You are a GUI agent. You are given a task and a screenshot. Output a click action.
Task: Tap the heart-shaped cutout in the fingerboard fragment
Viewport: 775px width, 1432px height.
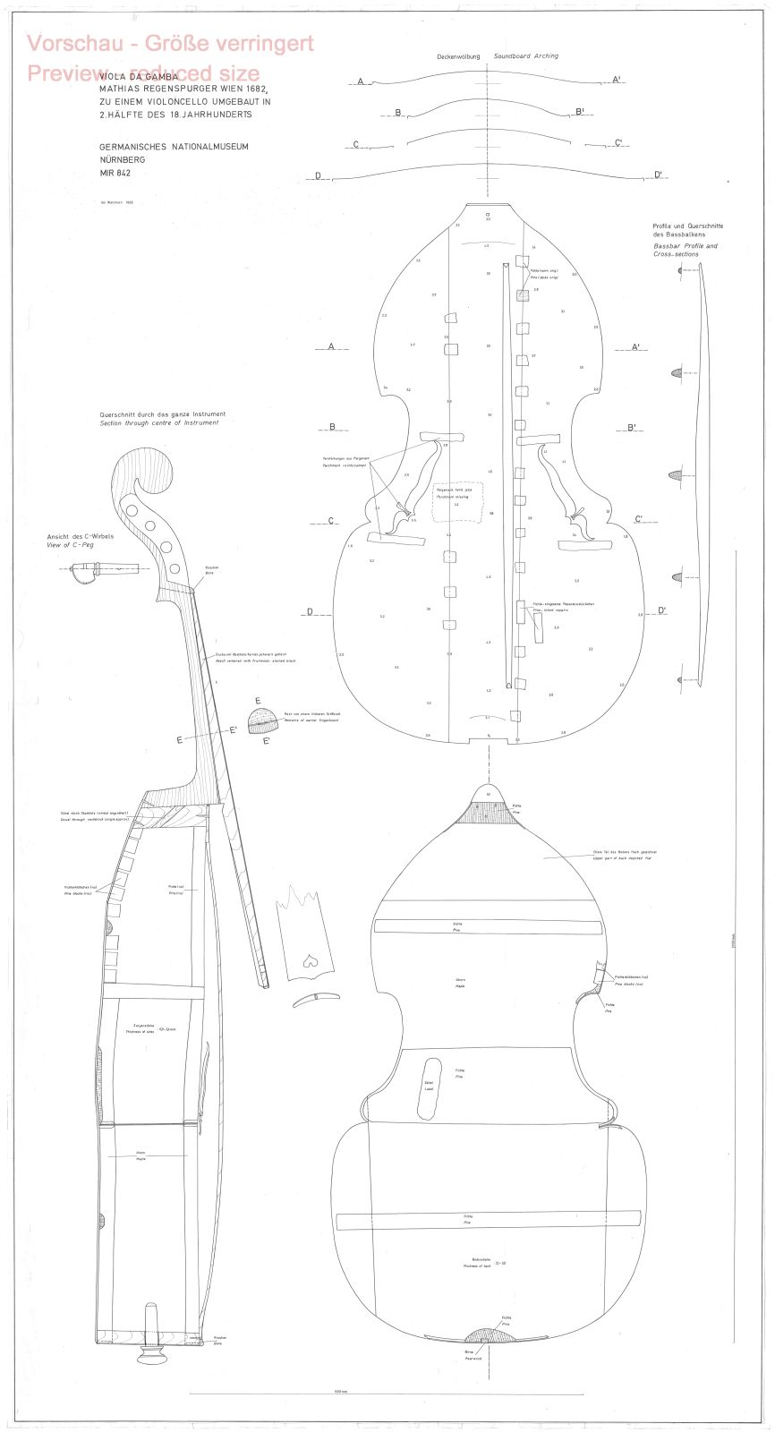tap(310, 960)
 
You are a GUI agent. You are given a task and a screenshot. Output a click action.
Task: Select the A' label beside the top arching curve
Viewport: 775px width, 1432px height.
tap(617, 80)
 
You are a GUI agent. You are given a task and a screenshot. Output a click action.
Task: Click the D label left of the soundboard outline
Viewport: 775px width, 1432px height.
tap(310, 612)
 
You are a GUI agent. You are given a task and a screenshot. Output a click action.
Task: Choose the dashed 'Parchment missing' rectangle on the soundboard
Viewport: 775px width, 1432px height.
tap(457, 501)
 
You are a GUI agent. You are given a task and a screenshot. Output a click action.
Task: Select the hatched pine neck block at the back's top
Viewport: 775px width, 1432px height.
tap(489, 812)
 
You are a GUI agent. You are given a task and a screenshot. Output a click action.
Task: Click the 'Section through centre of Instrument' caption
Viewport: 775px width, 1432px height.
tap(159, 422)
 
